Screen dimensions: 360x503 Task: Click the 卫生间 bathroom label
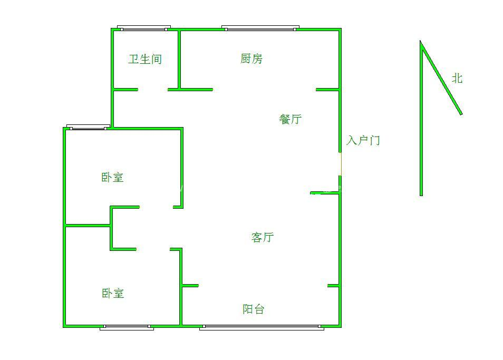(x=144, y=59)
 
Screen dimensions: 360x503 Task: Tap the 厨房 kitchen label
(x=251, y=59)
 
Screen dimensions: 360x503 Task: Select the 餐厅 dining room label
(x=290, y=119)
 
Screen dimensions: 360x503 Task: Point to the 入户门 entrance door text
(x=363, y=141)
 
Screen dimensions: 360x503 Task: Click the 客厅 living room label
(x=262, y=238)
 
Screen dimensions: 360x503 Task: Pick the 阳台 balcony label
(x=253, y=309)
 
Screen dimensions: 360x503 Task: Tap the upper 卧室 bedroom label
(x=112, y=178)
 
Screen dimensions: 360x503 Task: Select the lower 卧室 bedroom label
(x=112, y=293)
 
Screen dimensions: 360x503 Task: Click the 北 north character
(x=457, y=79)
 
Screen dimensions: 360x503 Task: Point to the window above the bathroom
(x=144, y=27)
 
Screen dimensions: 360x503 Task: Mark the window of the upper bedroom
(x=88, y=127)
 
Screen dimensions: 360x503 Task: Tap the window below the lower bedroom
(x=127, y=327)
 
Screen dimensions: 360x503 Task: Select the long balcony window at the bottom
(x=262, y=328)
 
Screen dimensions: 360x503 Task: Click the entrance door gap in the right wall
(x=340, y=164)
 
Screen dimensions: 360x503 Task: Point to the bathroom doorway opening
(x=153, y=90)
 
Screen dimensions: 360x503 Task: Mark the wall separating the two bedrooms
(x=88, y=226)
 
